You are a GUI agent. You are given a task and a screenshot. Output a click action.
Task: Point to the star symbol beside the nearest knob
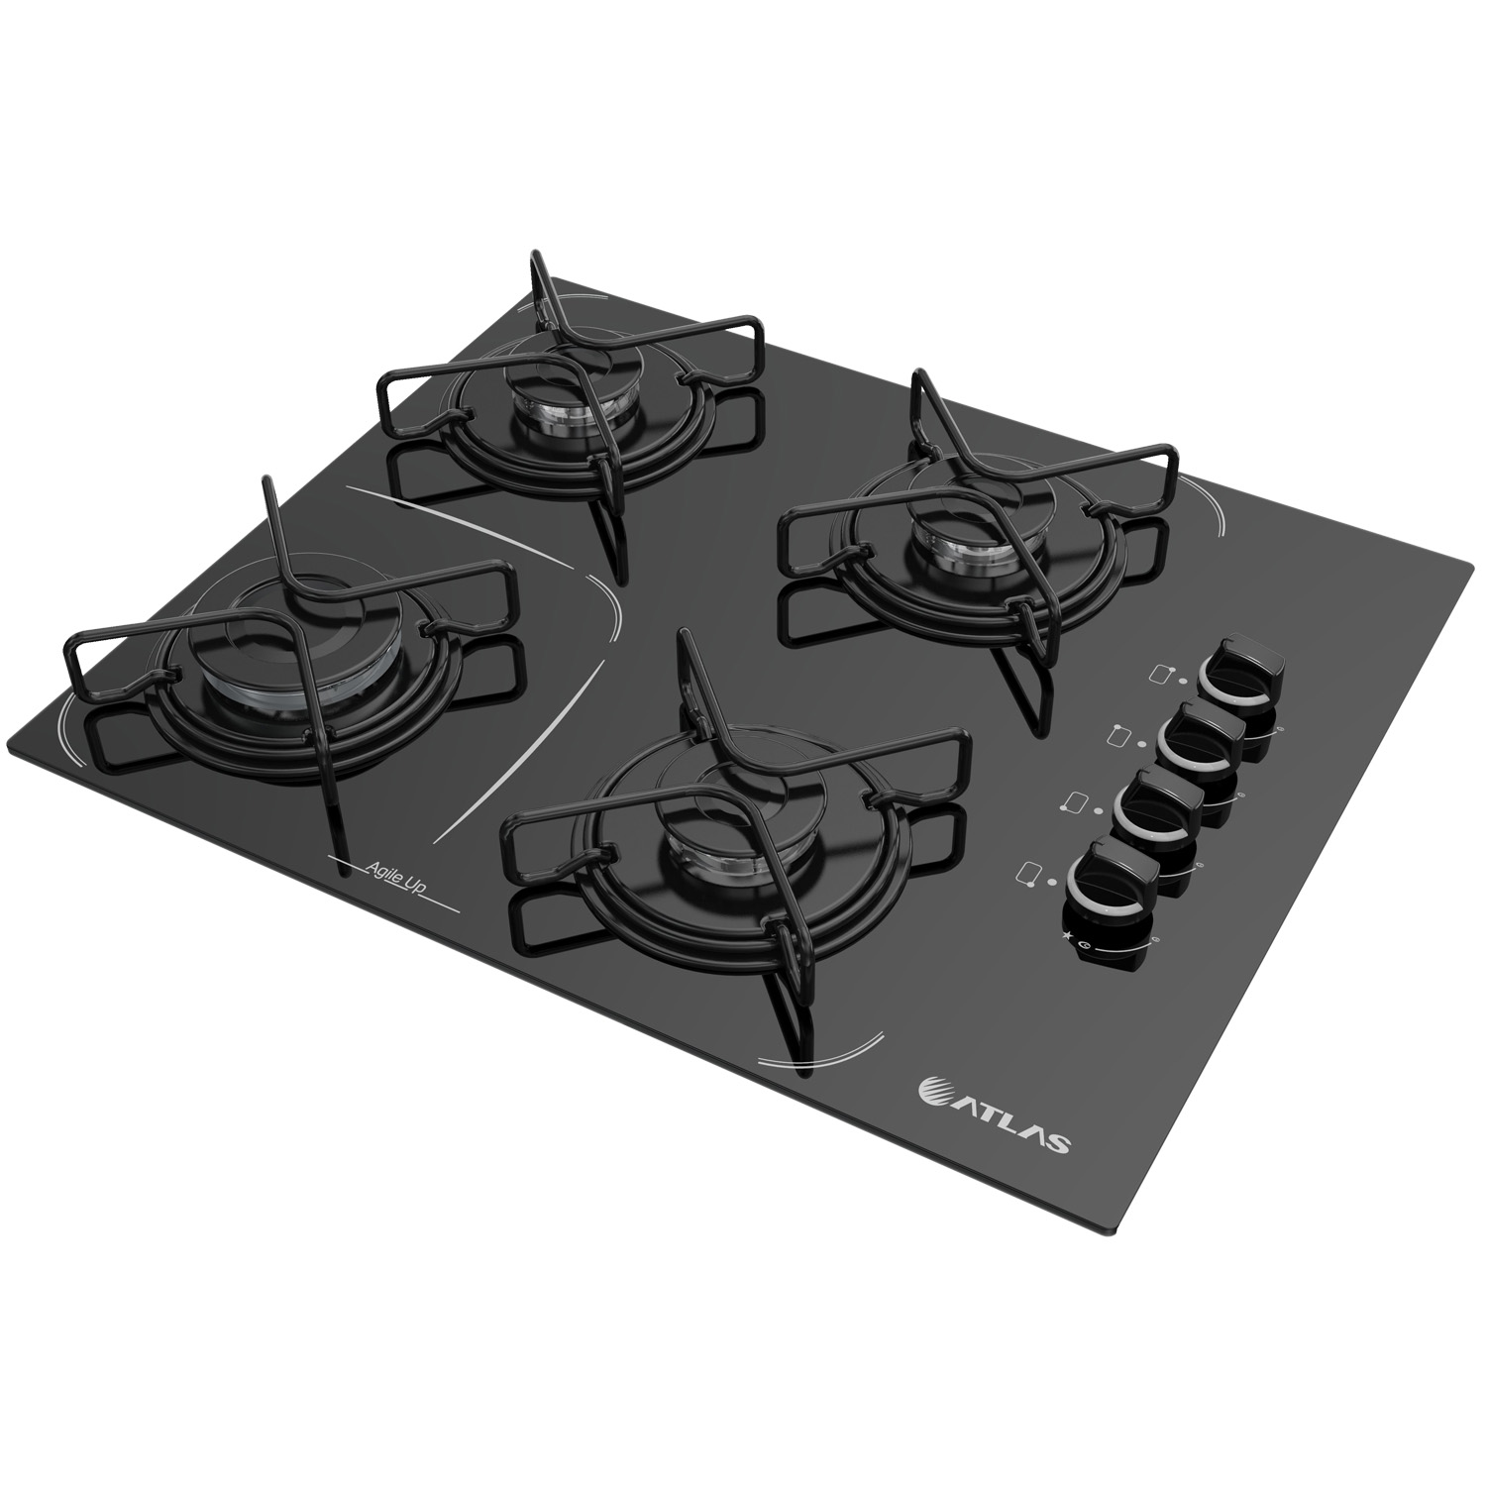pos(1065,934)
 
